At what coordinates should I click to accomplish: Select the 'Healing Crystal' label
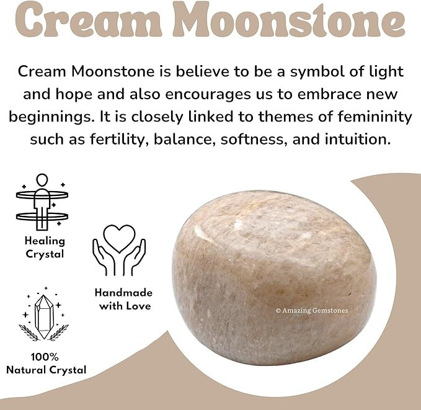pos(44,247)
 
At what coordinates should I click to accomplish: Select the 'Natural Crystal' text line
pos(47,370)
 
